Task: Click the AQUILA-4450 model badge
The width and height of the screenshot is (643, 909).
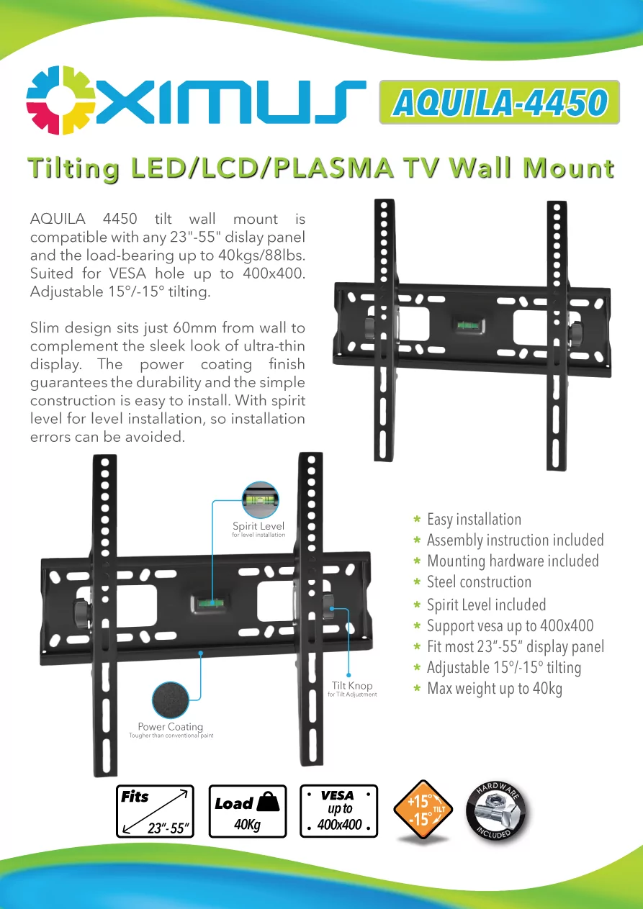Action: (499, 103)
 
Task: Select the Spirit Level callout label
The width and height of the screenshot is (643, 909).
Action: (258, 526)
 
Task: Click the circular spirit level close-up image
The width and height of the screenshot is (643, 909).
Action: (260, 500)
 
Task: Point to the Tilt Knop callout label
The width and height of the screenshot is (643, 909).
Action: (352, 686)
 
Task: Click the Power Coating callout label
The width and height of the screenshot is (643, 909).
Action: (171, 727)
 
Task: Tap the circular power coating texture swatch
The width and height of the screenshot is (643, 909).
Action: (171, 700)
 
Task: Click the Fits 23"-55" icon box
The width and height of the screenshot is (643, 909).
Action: (156, 811)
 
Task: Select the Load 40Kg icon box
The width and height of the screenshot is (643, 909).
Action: (248, 811)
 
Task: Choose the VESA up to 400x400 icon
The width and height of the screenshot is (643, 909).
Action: (338, 811)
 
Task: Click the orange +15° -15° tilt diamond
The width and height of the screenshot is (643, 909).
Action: (423, 810)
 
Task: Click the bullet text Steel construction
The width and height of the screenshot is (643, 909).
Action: (479, 582)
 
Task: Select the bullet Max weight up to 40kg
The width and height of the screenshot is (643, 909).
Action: (494, 689)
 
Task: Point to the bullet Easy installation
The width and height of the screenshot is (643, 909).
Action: (474, 520)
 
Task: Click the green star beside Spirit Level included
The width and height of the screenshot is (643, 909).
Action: (417, 605)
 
